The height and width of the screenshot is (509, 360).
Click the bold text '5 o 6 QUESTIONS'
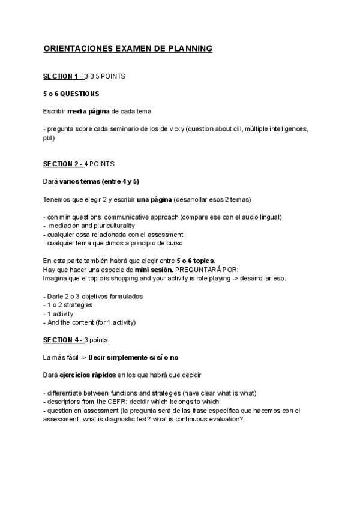[71, 94]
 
